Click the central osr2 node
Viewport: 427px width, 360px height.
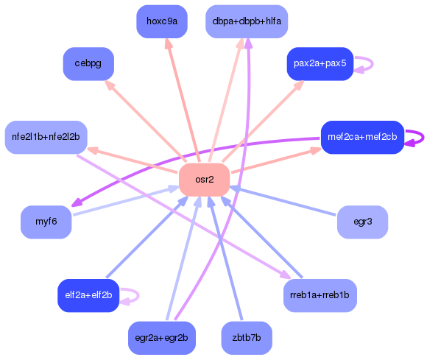click(204, 180)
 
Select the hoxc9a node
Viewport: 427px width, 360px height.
click(162, 21)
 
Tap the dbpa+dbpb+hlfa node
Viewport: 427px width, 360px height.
click(247, 21)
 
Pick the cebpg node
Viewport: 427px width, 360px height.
click(88, 64)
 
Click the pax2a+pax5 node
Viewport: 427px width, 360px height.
click(320, 64)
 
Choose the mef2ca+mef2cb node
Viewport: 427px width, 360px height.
click(362, 137)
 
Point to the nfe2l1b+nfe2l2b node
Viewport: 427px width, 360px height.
click(46, 137)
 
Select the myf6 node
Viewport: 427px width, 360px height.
click(46, 222)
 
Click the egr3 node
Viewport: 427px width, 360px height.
click(362, 222)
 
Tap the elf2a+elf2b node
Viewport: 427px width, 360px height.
click(88, 295)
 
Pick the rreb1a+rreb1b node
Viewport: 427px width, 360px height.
click(320, 295)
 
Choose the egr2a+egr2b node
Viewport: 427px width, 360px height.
click(162, 338)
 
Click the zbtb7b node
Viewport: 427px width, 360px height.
click(247, 338)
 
